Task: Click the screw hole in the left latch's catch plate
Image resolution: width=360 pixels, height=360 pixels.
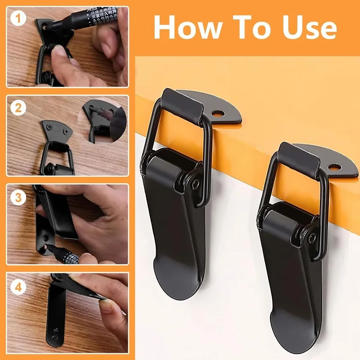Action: coord(220,113)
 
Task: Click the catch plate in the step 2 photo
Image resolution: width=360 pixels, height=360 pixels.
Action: coord(56,130)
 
